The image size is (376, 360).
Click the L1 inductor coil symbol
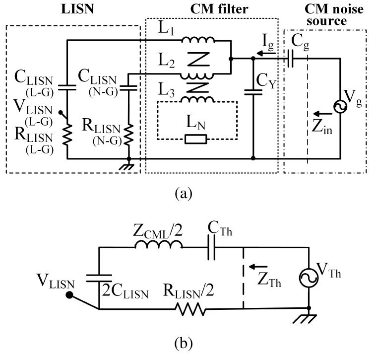(198, 40)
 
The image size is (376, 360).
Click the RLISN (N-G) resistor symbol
(129, 135)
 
